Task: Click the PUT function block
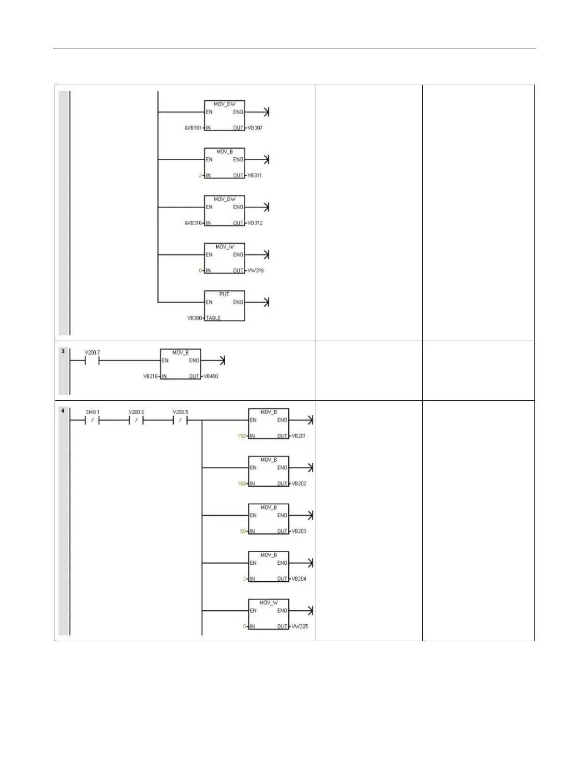224,306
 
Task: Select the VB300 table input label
194,318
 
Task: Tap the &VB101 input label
193,128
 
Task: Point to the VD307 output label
255,128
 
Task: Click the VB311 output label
254,175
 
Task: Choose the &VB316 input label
193,223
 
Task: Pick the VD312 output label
255,223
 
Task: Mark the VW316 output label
255,271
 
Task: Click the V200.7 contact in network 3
92,361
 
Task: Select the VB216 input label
150,376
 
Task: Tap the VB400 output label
210,376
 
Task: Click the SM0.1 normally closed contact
92,420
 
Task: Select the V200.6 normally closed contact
136,420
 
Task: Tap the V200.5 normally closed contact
180,420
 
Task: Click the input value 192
242,436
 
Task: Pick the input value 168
242,483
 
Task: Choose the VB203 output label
298,531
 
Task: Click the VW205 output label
299,626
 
